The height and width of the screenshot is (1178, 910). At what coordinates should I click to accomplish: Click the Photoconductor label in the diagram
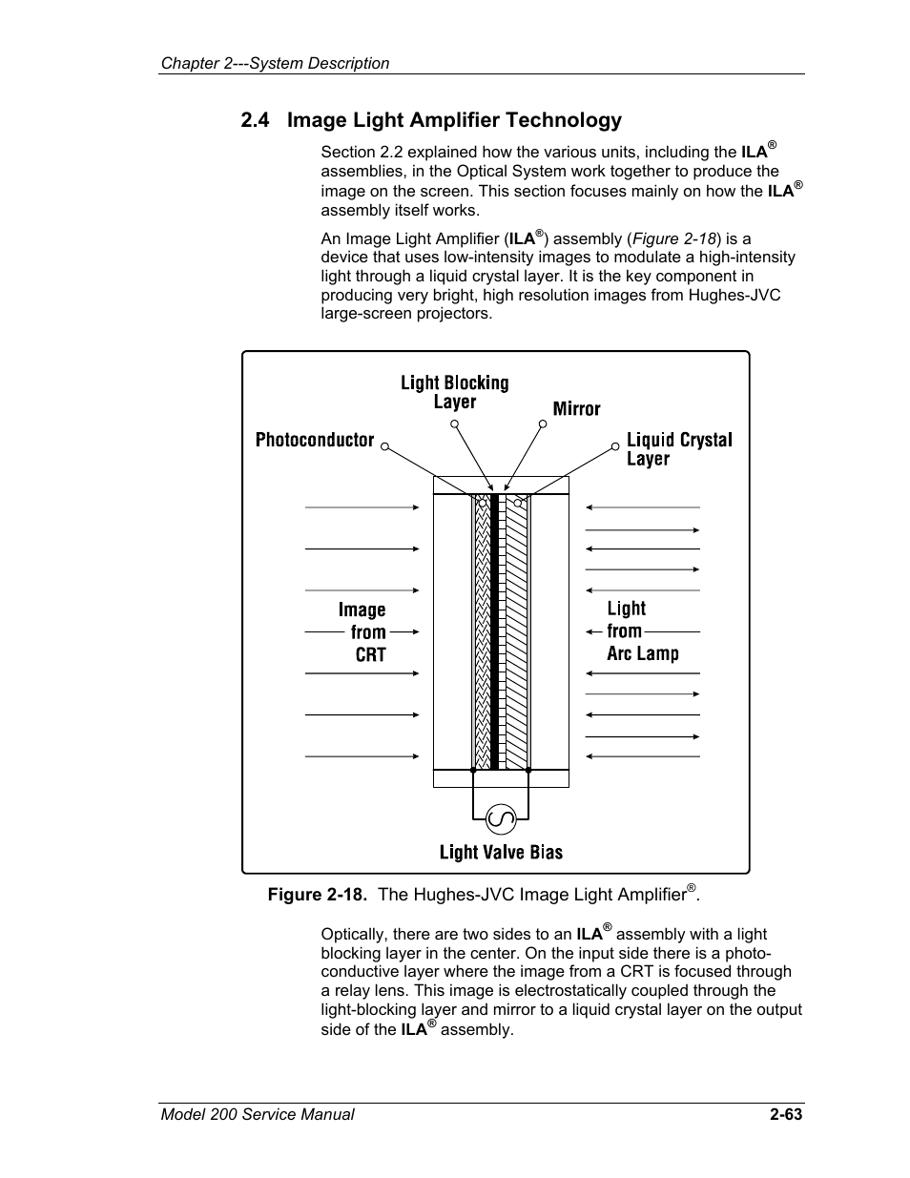pos(314,440)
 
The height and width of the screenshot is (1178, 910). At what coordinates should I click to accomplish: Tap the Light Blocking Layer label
pos(454,392)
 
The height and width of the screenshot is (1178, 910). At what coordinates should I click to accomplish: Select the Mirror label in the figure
pos(576,409)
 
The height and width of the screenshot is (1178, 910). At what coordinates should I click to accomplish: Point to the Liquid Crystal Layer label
pos(678,449)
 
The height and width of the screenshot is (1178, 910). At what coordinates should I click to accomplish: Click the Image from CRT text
pos(362,631)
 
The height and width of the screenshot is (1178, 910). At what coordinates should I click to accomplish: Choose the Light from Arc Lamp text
pos(642,630)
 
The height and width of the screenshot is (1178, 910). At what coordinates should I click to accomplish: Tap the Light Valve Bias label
pos(501,853)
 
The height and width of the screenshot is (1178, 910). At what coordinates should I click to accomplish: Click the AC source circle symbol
pos(501,818)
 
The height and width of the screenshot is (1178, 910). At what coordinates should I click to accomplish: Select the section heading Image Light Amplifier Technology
pos(454,120)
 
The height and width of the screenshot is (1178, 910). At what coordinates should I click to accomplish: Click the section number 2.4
pos(256,120)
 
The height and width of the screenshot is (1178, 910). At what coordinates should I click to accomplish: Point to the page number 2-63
pos(786,1114)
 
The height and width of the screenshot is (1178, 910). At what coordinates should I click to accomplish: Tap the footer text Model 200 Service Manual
pos(257,1114)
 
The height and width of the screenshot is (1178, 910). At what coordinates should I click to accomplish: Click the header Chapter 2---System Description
pos(275,63)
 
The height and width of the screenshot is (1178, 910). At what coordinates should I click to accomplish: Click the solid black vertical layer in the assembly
pos(494,630)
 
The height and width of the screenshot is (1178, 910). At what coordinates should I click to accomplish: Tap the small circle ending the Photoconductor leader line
pos(386,444)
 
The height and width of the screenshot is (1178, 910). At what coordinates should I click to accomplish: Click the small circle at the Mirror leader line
pos(544,425)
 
